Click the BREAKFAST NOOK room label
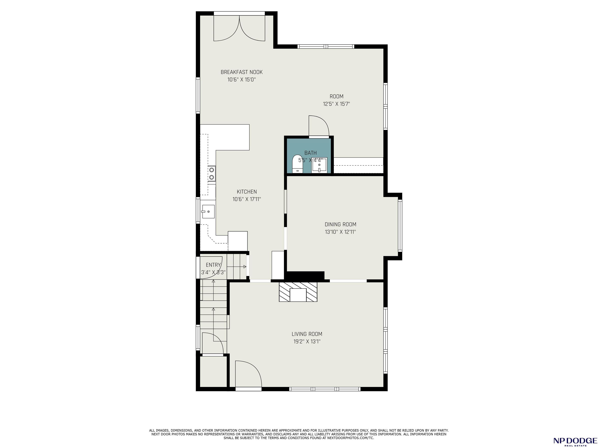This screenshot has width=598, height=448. (241, 72)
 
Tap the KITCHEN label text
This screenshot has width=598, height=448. (247, 192)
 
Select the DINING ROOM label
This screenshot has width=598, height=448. (340, 224)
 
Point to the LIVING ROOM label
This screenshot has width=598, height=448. (307, 334)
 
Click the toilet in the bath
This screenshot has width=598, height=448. (297, 164)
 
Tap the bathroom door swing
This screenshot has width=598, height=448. (319, 126)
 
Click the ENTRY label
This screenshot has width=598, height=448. (213, 265)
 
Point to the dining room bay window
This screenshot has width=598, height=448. (400, 226)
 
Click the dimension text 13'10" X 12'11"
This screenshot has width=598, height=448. (340, 232)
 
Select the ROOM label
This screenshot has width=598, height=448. (337, 96)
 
